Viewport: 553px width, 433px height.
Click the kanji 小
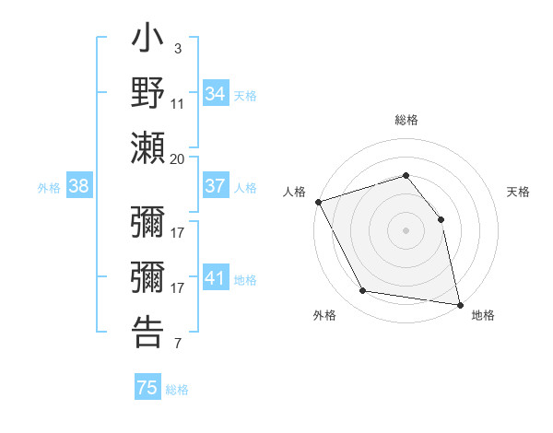point(147,41)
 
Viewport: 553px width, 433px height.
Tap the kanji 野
point(147,94)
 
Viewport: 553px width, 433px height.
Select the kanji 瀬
point(147,147)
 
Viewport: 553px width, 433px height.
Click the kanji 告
point(147,331)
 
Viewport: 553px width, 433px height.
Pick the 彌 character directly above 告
point(147,277)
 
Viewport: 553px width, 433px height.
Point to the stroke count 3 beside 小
point(178,48)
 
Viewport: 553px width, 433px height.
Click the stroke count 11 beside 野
point(178,103)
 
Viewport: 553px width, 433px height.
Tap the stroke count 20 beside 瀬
point(178,158)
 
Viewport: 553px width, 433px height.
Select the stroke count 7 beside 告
point(178,345)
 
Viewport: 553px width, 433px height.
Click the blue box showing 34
point(216,94)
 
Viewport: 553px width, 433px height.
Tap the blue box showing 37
point(216,186)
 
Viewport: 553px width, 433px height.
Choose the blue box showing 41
point(216,278)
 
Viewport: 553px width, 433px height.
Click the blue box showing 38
point(78,186)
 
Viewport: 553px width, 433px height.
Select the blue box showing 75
point(147,388)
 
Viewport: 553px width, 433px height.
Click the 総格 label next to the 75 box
point(177,390)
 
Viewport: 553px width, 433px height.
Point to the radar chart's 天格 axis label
point(519,192)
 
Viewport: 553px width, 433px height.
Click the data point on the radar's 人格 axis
point(318,201)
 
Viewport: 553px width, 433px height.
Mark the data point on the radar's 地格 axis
point(460,303)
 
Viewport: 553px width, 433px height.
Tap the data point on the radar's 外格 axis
point(363,291)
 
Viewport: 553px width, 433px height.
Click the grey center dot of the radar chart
point(406,229)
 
